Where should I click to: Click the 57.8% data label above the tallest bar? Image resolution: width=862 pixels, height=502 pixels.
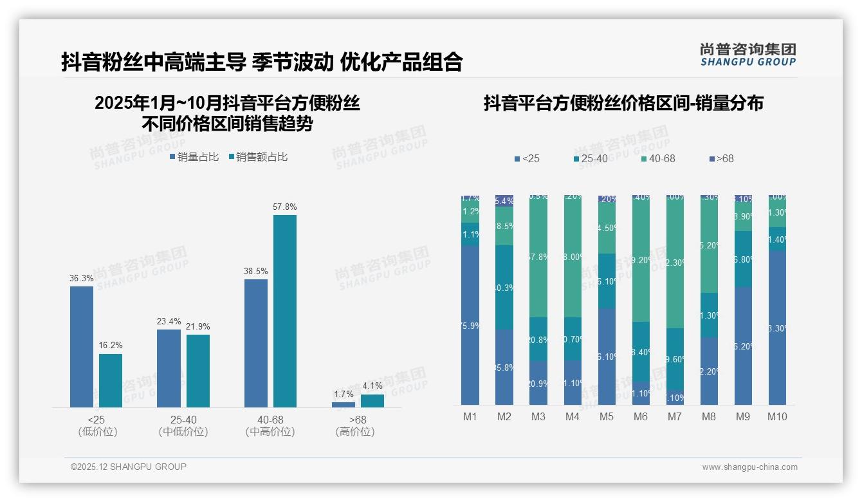tap(284, 207)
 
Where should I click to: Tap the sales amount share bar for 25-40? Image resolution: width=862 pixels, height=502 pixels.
tap(198, 371)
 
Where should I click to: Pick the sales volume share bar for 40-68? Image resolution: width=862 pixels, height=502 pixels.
tap(256, 343)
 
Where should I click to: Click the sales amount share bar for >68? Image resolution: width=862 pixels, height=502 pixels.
tap(372, 401)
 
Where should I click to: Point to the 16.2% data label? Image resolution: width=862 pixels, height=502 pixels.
tap(111, 346)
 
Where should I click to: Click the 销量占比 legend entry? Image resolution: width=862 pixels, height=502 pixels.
tap(194, 157)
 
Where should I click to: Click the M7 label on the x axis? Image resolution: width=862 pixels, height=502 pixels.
tap(674, 416)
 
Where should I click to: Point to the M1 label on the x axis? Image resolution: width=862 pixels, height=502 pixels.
tap(470, 416)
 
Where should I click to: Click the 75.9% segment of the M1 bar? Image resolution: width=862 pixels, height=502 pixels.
tap(470, 325)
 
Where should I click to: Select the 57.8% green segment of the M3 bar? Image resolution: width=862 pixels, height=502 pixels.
tap(538, 257)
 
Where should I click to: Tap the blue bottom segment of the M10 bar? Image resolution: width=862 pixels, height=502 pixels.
tap(777, 328)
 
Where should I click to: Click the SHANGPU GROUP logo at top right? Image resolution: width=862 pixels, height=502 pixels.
tap(747, 55)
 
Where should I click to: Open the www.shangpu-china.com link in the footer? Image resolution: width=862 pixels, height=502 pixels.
tap(749, 467)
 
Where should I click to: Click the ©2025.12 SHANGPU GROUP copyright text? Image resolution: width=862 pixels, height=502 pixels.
tap(129, 467)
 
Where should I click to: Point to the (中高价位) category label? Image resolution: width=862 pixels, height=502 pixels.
tap(270, 432)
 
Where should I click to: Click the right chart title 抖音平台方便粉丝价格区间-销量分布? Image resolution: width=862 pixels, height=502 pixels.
tap(623, 104)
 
